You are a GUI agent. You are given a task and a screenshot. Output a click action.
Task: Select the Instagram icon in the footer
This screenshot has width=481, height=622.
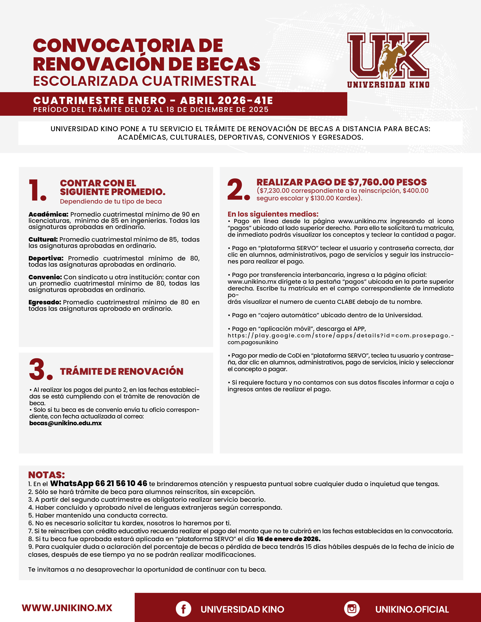352,609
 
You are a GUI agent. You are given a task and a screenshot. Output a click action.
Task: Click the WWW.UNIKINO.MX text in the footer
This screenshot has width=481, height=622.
67,608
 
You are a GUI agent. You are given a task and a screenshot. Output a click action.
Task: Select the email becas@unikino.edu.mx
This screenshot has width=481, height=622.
65,423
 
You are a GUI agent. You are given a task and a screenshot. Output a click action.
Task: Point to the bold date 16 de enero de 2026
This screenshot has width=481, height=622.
288,539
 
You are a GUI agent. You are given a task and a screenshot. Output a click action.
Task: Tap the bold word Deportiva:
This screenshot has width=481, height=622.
46,258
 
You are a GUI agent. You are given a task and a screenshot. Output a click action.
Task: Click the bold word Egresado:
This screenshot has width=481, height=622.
45,302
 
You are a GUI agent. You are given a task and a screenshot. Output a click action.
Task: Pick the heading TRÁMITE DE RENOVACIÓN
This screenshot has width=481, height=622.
122,371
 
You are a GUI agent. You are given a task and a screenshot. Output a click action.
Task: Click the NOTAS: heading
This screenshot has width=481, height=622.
46,475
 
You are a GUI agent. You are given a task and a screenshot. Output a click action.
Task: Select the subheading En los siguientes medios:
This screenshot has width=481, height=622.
273,214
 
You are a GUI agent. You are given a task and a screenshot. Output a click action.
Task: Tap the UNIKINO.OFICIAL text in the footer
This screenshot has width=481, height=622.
412,609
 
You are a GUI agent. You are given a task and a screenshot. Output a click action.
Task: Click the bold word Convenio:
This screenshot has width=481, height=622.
45,277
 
